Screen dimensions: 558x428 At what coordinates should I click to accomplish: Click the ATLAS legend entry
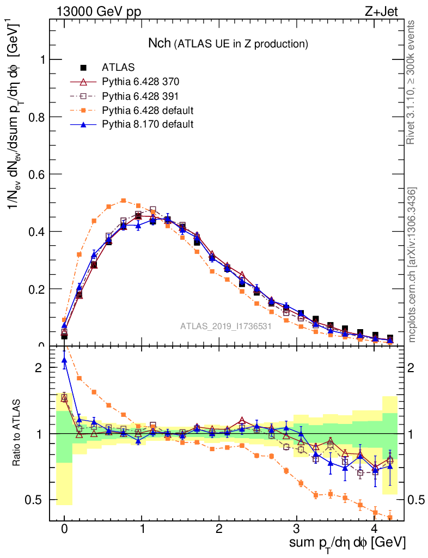click(x=118, y=68)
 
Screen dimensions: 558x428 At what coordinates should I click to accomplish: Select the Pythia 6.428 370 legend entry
click(x=140, y=82)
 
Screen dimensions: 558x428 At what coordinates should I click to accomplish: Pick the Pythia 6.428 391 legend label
click(x=140, y=96)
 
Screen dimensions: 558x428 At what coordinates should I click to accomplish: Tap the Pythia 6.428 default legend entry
click(x=148, y=110)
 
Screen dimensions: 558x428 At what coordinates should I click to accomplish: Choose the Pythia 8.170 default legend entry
click(x=148, y=124)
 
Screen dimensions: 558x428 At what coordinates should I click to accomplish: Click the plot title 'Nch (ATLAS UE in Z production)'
click(x=229, y=43)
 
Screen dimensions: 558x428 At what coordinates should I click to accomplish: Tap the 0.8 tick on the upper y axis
click(x=39, y=117)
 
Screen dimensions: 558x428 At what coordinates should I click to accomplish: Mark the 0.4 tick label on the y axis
click(x=39, y=232)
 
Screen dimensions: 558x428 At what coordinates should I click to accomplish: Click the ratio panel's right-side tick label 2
click(x=414, y=368)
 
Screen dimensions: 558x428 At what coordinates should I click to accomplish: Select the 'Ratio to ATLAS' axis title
click(x=17, y=433)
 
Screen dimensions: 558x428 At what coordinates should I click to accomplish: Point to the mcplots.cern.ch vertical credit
click(x=412, y=264)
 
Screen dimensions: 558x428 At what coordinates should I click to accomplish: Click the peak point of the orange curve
click(x=124, y=201)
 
